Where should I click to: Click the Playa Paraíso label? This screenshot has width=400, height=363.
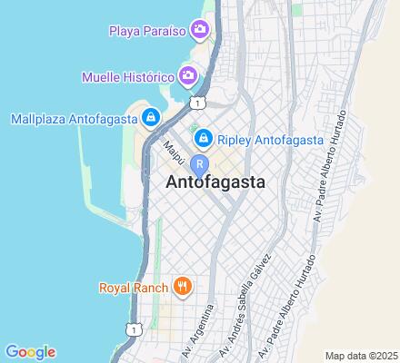click(x=147, y=31)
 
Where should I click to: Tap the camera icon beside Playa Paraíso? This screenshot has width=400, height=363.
click(x=200, y=31)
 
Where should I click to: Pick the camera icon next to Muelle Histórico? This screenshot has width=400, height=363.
click(x=188, y=74)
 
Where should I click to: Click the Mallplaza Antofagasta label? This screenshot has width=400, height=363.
click(x=71, y=118)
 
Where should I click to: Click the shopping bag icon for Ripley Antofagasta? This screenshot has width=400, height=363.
click(x=204, y=138)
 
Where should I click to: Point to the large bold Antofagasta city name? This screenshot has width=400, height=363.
click(x=216, y=181)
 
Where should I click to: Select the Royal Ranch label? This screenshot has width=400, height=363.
click(x=133, y=289)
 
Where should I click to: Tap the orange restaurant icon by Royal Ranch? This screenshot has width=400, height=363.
click(x=182, y=288)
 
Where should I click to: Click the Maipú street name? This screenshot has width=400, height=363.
click(x=173, y=149)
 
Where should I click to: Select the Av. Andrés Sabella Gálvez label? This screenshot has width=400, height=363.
click(x=253, y=296)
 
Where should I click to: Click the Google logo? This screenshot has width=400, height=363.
click(x=30, y=352)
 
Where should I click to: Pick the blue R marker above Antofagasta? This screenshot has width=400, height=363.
click(x=199, y=164)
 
